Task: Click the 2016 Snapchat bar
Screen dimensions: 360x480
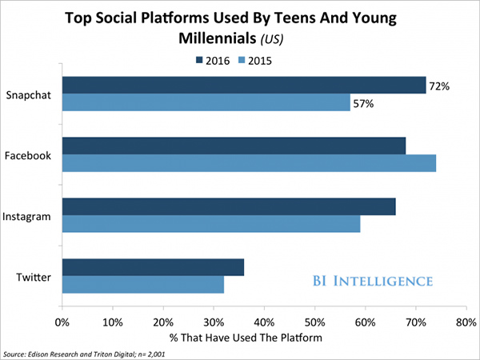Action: point(244,86)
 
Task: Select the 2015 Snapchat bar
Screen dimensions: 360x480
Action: point(206,103)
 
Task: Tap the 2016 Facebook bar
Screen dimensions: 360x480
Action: point(234,146)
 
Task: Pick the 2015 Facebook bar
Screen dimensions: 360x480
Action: point(249,164)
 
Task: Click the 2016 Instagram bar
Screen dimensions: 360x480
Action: point(229,207)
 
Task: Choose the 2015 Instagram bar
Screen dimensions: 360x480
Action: point(211,225)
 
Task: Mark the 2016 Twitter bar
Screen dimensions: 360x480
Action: point(153,268)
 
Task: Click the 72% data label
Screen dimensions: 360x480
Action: point(440,85)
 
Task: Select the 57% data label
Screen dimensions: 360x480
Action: point(364,103)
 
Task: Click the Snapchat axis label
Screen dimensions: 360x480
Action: point(29,94)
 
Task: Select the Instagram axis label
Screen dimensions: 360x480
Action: point(28,216)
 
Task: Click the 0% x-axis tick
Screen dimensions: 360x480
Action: point(62,322)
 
